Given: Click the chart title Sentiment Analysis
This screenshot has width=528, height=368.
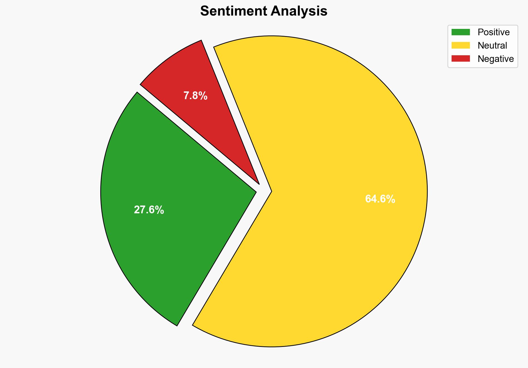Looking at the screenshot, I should click(x=264, y=11).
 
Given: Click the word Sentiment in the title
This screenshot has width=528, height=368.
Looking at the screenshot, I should click(x=233, y=11).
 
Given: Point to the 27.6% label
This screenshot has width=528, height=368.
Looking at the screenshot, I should click(x=149, y=210).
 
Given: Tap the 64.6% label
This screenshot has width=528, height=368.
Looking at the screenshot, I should click(x=380, y=199).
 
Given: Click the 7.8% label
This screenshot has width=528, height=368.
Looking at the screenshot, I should click(x=195, y=96).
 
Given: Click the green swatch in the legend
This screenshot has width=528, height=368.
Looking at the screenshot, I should click(x=460, y=32).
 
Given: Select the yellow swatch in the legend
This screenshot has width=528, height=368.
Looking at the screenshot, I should click(x=460, y=45).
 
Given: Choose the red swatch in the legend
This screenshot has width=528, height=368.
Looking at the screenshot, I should click(x=460, y=59).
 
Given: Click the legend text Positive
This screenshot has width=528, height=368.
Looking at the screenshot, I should click(x=494, y=32).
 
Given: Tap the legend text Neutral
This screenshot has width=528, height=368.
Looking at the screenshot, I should click(x=492, y=46).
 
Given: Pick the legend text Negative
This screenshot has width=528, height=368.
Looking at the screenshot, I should click(x=495, y=59).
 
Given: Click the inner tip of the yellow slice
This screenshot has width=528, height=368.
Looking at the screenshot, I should click(x=271, y=191).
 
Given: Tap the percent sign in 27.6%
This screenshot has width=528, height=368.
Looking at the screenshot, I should click(x=160, y=210).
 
